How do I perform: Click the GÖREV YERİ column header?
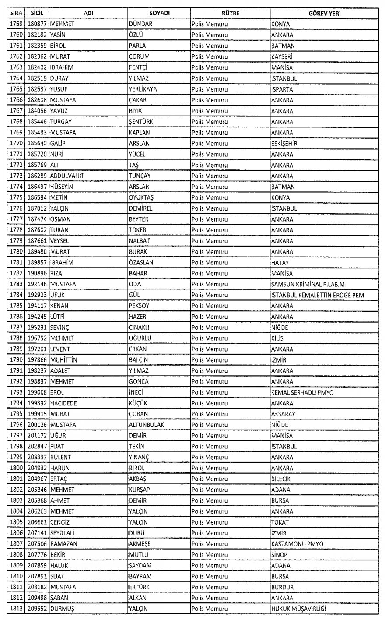point(324,14)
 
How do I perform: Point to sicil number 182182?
point(39,35)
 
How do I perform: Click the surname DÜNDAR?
point(140,25)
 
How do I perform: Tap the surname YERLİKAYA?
point(143,89)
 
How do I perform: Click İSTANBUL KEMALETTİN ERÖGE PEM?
point(318,295)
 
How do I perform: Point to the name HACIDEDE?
point(64,403)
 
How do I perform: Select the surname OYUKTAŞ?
point(142,197)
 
